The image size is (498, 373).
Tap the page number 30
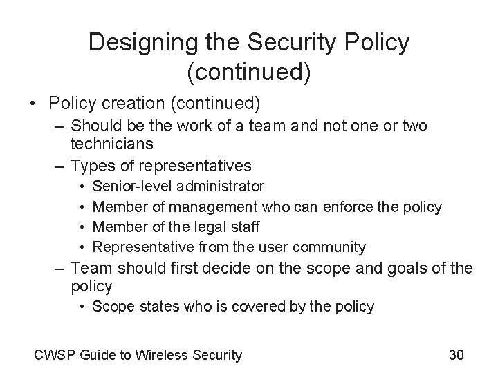pos(456,355)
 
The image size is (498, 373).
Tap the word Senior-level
pos(129,186)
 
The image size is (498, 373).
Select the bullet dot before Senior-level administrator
pos(82,186)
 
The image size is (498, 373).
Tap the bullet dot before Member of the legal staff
pos(82,227)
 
